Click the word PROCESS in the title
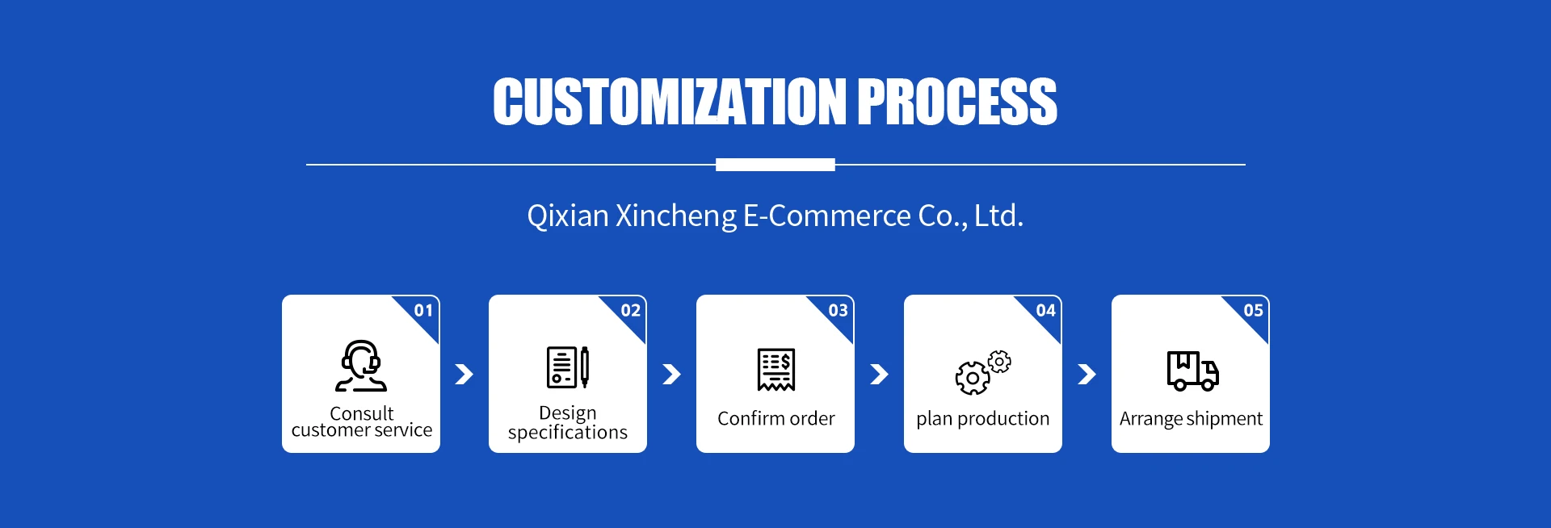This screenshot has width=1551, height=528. (x=956, y=103)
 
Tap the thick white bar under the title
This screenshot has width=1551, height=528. (x=775, y=165)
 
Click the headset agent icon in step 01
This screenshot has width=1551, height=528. (x=361, y=366)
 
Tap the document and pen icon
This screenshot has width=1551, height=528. (x=568, y=367)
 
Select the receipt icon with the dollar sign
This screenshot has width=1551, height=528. (x=775, y=370)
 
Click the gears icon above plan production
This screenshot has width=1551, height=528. (x=982, y=372)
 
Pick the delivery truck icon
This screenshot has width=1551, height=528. (x=1192, y=371)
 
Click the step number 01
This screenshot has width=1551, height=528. (x=423, y=311)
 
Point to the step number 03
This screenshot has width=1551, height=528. (x=838, y=311)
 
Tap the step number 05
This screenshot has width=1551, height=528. (x=1253, y=311)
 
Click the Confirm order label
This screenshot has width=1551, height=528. (x=775, y=419)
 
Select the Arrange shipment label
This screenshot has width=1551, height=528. (x=1191, y=419)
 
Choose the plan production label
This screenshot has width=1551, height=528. (x=982, y=419)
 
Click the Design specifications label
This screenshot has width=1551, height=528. (x=568, y=423)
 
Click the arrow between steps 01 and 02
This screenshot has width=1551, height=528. (x=464, y=374)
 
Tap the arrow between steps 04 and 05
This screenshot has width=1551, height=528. (x=1087, y=374)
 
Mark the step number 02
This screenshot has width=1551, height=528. (x=630, y=311)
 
